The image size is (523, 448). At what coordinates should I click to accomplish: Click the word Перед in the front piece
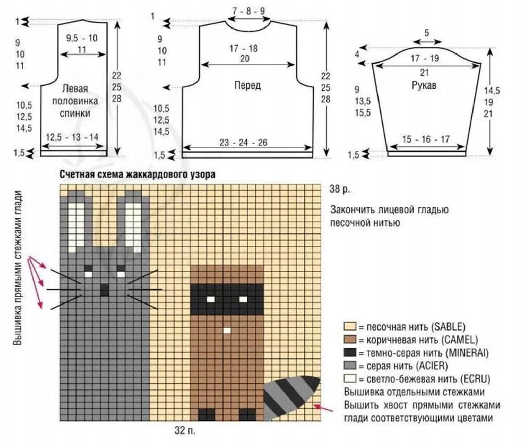point(247,86)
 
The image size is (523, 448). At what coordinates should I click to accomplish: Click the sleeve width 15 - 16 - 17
point(426,139)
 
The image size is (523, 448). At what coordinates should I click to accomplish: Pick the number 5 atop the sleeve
point(426,33)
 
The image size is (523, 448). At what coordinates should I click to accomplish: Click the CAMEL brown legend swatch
point(349,340)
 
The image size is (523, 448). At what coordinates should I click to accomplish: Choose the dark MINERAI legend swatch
point(349,352)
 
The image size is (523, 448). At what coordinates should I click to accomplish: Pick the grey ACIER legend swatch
point(349,365)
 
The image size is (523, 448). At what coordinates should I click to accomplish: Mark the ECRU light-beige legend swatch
point(349,378)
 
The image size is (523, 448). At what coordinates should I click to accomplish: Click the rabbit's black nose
point(104,289)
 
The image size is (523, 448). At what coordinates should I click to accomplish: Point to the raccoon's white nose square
point(227,331)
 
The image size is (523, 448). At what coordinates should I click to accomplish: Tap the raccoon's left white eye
point(211,299)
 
